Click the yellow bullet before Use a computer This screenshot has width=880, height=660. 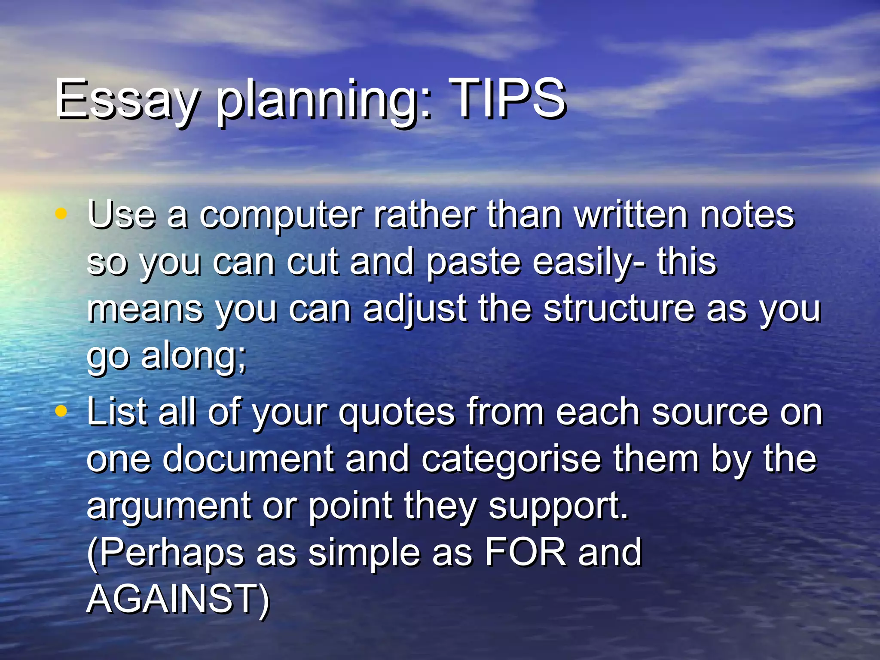pos(61,213)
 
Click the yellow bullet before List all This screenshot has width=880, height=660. pos(61,411)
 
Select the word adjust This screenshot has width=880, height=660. pos(415,309)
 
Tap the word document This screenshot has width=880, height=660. pos(248,459)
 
